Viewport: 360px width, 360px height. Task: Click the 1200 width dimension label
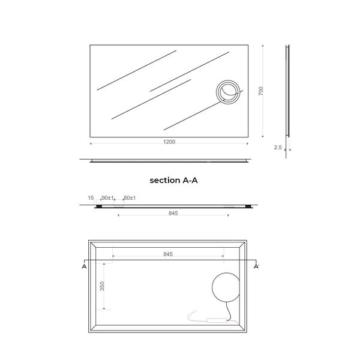click(x=169, y=142)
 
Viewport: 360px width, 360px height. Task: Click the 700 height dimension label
click(x=261, y=91)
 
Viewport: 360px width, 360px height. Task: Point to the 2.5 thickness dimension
click(x=278, y=148)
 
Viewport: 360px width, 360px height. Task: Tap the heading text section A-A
click(x=173, y=180)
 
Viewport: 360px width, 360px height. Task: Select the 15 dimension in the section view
click(x=91, y=197)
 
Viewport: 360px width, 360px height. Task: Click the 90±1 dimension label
click(x=107, y=197)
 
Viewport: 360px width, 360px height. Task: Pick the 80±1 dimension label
click(x=130, y=197)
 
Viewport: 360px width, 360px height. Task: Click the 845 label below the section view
click(x=173, y=213)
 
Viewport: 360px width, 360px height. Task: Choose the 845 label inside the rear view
click(x=168, y=254)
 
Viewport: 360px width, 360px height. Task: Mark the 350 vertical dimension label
click(x=102, y=286)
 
